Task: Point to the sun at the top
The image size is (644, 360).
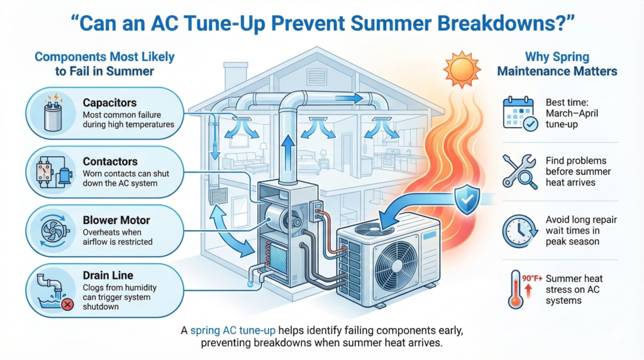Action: (463, 66)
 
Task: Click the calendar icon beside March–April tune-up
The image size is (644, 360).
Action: (520, 113)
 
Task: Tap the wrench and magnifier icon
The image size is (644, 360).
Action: (519, 171)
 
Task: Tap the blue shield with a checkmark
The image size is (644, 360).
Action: (466, 200)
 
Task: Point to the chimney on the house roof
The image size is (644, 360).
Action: (236, 75)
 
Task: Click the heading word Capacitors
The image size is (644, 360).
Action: (109, 101)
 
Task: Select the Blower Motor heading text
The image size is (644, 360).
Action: (116, 220)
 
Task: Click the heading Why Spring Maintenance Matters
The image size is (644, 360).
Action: (557, 63)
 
